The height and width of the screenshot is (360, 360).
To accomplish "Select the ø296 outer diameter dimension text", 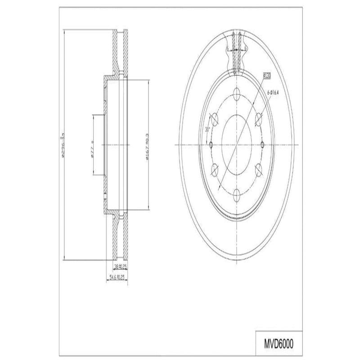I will pyautogui.click(x=64, y=144).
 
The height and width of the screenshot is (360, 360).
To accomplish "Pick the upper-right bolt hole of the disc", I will pyautogui.click(x=259, y=118).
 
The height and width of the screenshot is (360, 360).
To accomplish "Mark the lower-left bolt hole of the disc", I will pyautogui.click(x=214, y=169).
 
